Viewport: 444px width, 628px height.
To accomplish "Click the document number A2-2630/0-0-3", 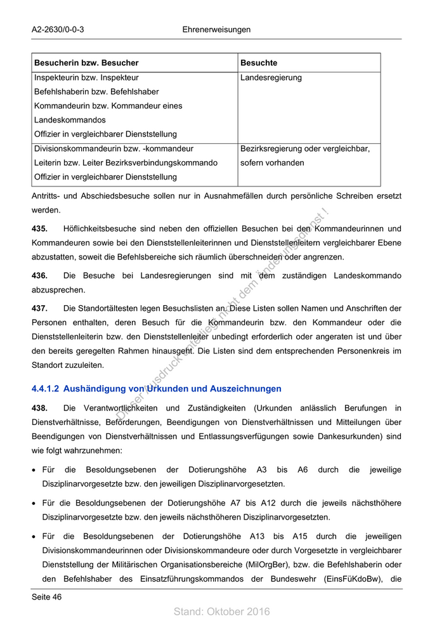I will (x=58, y=30).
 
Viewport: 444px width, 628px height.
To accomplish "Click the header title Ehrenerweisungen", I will (x=216, y=30).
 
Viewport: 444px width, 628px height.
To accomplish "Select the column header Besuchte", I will (x=259, y=63).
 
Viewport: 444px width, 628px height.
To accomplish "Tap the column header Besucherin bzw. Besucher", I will (x=86, y=63).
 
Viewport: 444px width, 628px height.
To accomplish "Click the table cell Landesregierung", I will (x=271, y=78).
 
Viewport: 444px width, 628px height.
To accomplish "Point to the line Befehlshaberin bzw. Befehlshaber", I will (x=96, y=92).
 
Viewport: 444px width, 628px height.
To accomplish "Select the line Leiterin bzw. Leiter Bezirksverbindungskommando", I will (x=126, y=163).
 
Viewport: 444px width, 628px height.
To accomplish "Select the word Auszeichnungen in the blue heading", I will (x=245, y=389).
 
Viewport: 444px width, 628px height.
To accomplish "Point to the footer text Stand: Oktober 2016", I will (x=222, y=612).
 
